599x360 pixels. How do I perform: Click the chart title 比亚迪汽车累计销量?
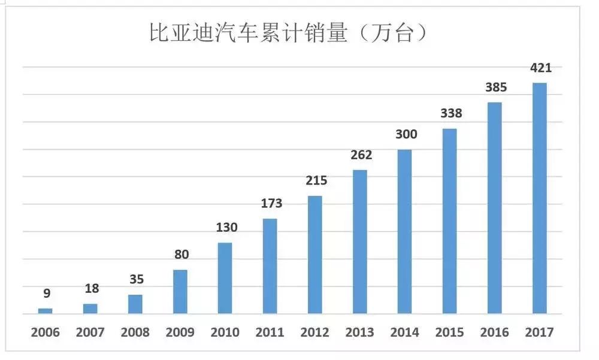coord(248,33)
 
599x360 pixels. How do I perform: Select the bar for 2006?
coord(46,311)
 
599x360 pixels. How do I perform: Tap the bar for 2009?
coord(180,292)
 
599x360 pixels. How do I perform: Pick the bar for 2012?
coord(315,255)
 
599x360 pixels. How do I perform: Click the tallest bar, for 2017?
coord(540,198)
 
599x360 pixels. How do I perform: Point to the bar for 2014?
coord(405,231)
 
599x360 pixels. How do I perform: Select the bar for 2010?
coord(225,278)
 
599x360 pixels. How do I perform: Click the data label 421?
coord(540,68)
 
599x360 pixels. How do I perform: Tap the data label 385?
coord(495,87)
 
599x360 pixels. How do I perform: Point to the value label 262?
coord(361,155)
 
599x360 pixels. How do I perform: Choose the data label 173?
coord(271,204)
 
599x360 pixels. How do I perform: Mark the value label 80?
coord(181,255)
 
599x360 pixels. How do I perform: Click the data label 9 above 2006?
coord(46,294)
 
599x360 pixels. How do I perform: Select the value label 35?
coord(136,279)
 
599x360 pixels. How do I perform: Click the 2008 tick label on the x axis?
coord(135,332)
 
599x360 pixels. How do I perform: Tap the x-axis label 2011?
coord(270,332)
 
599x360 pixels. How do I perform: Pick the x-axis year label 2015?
coord(450,332)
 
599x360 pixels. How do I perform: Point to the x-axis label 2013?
coord(360,332)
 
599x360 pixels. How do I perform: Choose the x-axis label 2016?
coord(495,332)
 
